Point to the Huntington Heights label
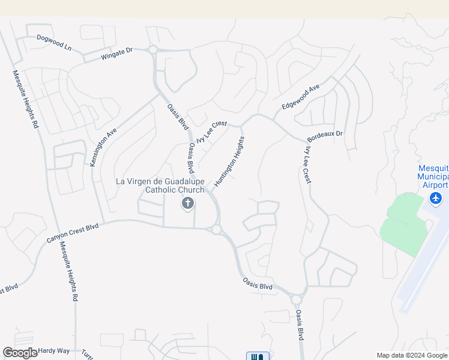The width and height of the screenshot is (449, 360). (229, 162)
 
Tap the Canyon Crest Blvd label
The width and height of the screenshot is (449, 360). (72, 233)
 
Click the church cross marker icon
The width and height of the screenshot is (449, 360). (187, 204)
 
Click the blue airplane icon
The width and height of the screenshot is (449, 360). (436, 198)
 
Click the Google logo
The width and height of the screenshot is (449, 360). (20, 353)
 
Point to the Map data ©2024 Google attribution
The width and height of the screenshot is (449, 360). (412, 355)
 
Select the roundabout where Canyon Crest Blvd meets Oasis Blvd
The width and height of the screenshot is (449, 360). (216, 229)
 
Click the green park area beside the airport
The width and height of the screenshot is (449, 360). (400, 225)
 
